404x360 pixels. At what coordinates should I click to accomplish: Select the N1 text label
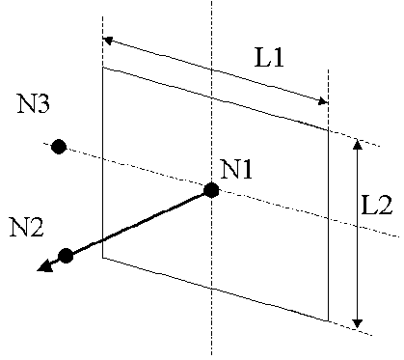click(x=236, y=170)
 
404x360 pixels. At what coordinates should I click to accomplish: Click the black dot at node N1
click(x=211, y=190)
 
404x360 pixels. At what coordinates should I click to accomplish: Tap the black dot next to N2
click(x=66, y=255)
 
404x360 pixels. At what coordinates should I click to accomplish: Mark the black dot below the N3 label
click(x=58, y=147)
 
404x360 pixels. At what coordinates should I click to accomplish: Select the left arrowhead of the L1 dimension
click(x=107, y=41)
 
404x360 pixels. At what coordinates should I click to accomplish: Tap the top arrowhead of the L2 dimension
click(x=358, y=145)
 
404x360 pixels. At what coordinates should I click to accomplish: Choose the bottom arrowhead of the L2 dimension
click(x=358, y=321)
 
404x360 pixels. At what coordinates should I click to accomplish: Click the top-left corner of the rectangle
click(x=102, y=67)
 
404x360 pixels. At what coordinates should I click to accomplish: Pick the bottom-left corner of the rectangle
click(x=102, y=259)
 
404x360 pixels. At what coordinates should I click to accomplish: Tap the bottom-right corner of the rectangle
click(x=329, y=319)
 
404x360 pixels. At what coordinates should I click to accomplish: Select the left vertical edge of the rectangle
click(x=102, y=164)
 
